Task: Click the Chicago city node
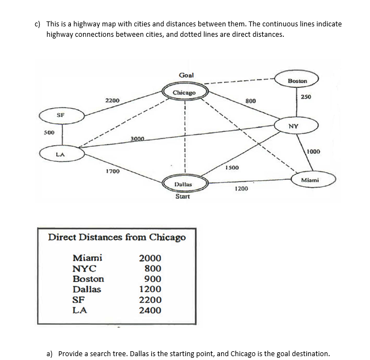point(185,92)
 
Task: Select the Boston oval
point(297,80)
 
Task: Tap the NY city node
point(294,126)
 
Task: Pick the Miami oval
point(310,180)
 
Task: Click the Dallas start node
point(183,185)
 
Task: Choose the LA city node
point(62,154)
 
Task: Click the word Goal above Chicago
point(186,75)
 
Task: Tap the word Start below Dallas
point(183,196)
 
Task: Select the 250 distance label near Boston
point(306,97)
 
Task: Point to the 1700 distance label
point(113,171)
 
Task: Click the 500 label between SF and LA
point(49,132)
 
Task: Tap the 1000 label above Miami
point(313,151)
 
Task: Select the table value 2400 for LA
point(150,310)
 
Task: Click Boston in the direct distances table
point(88,279)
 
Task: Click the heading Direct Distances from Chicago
point(117,237)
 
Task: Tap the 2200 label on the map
point(113,101)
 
